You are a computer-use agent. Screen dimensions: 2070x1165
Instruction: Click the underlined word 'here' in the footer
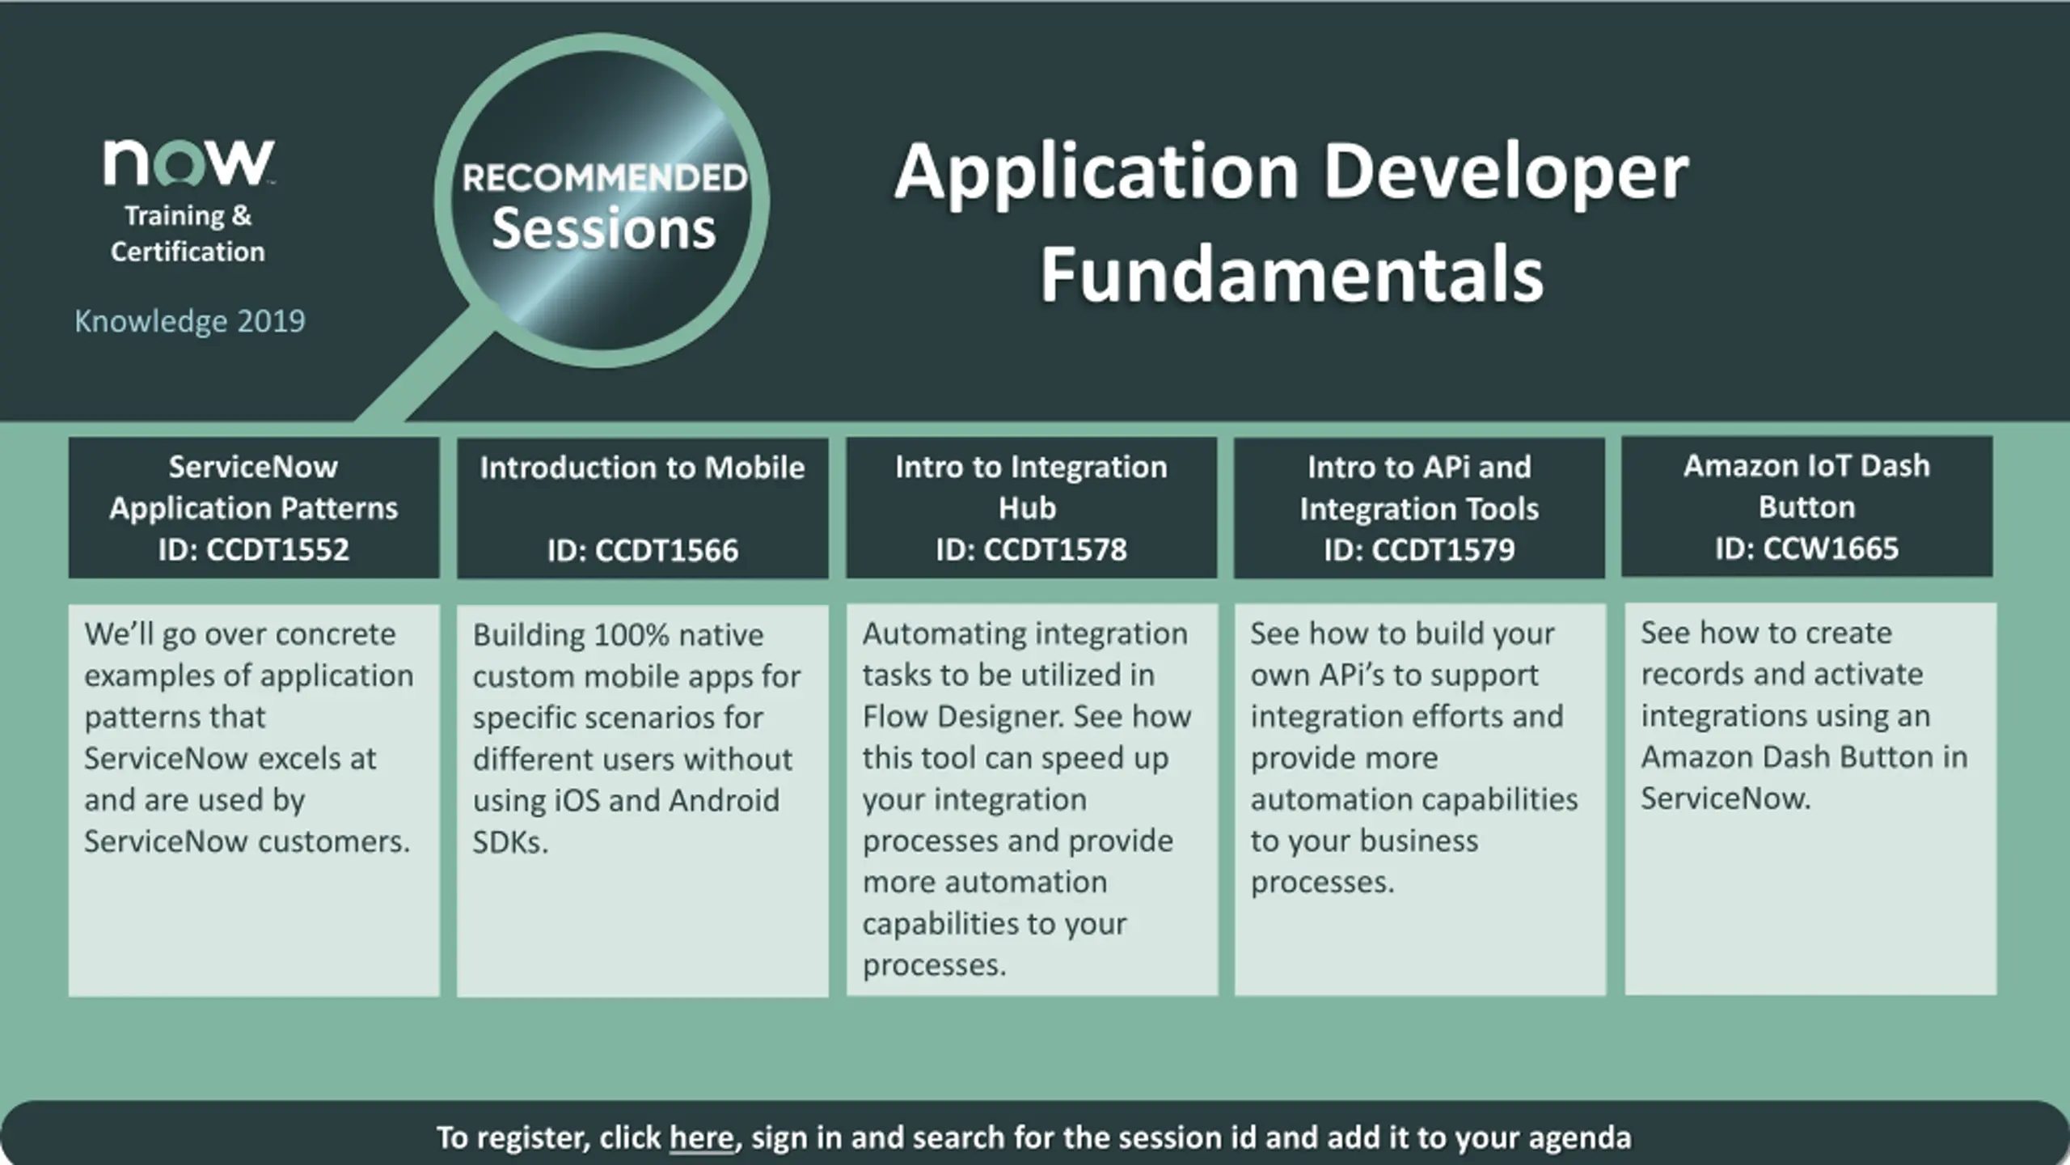[x=701, y=1137]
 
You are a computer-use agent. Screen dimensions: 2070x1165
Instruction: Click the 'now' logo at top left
[x=188, y=162]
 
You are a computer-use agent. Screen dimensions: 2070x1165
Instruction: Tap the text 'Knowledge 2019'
[x=190, y=321]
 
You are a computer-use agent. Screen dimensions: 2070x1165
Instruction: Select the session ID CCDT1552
[x=277, y=549]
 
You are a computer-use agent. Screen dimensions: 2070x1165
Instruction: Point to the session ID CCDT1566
[x=666, y=550]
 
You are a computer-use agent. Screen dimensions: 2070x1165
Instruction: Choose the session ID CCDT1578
[x=1054, y=549]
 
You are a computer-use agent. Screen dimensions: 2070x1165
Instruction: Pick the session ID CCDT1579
[x=1443, y=549]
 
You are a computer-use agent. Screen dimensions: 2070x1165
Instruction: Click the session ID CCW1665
[x=1830, y=549]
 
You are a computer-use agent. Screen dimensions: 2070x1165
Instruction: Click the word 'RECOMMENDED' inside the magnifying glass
[x=605, y=178]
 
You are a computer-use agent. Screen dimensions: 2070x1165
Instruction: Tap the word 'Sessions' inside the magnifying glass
[x=604, y=228]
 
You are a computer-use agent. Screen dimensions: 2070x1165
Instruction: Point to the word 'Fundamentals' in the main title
[x=1291, y=274]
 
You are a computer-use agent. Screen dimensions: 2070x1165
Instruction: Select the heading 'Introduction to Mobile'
[x=642, y=468]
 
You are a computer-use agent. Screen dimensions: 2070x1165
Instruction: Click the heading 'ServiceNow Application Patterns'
[x=254, y=487]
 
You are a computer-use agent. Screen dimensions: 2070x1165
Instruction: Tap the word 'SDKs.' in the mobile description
[x=510, y=842]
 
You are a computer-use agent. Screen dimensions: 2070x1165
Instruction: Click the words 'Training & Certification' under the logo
[x=188, y=234]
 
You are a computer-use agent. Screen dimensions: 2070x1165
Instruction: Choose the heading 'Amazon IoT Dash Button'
[x=1806, y=486]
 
